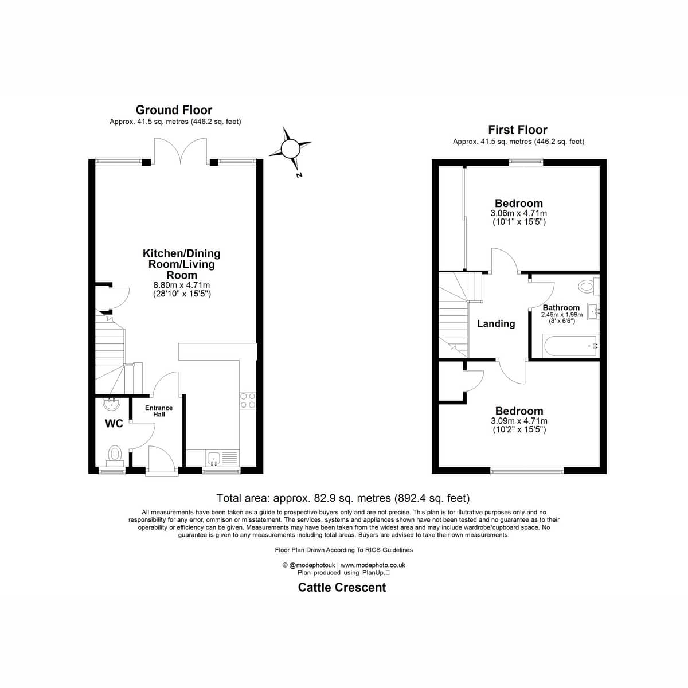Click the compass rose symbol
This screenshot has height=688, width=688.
290,148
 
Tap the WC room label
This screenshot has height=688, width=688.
114,424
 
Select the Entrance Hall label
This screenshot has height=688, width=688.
159,411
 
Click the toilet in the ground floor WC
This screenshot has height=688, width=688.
115,456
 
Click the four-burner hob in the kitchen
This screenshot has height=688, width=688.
248,400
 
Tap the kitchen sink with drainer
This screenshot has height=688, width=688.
222,458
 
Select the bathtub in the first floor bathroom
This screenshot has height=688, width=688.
569,345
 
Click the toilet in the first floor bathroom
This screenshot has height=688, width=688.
589,286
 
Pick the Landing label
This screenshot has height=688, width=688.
496,323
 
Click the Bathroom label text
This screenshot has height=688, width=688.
561,307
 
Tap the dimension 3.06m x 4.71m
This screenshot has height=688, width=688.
518,213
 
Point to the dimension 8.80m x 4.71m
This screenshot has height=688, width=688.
182,286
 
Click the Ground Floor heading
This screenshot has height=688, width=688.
174,110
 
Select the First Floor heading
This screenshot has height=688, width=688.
518,130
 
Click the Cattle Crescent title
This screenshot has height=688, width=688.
342,587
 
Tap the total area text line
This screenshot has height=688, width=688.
343,498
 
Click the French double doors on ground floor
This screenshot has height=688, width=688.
180,151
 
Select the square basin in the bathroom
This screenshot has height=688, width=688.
594,312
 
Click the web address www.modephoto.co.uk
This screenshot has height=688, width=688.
373,565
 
